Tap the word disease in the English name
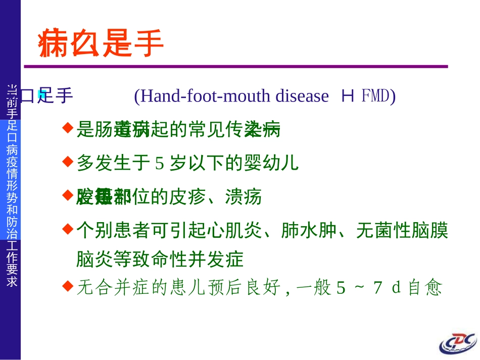302,95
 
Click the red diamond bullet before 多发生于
67,161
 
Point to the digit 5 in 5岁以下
160,163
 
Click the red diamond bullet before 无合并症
67,286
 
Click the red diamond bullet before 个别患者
67,229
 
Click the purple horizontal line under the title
235,66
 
